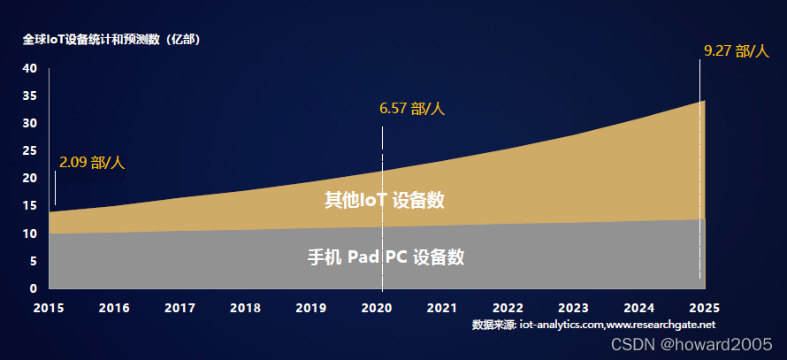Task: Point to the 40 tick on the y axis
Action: click(30, 68)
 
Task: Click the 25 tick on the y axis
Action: click(30, 150)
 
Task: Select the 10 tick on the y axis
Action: click(30, 234)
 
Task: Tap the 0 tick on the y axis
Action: click(34, 288)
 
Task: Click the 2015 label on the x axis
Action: click(49, 308)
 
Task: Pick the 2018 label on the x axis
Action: click(245, 308)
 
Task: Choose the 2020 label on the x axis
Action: click(377, 308)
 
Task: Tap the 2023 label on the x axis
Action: click(573, 308)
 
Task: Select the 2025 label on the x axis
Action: click(704, 308)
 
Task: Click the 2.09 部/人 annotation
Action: click(92, 163)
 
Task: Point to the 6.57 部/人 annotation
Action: click(411, 109)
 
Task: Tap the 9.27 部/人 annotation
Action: click(736, 51)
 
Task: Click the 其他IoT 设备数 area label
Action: click(384, 201)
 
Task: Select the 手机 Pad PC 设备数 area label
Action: click(386, 257)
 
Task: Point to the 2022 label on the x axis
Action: click(508, 308)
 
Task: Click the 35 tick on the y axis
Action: click(30, 96)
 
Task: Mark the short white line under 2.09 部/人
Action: click(55, 188)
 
